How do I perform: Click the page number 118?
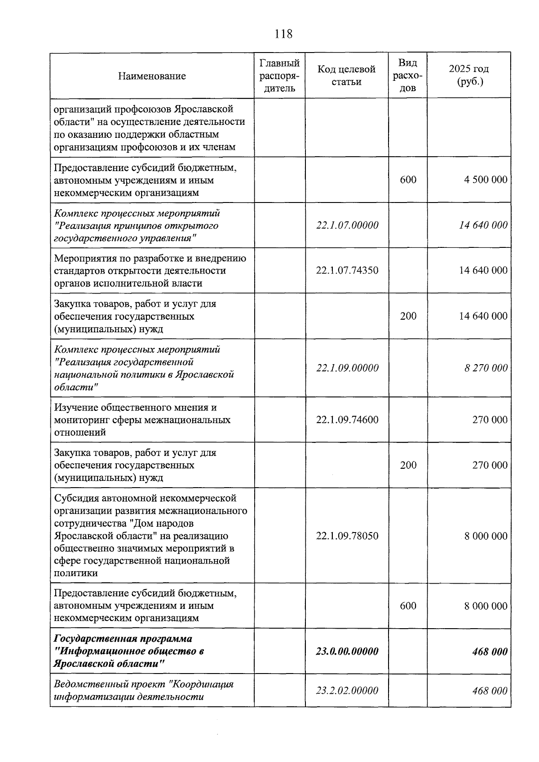pos(283,34)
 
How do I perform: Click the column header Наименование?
pos(152,76)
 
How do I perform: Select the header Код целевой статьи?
pos(346,75)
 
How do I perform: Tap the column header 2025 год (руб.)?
pos(468,75)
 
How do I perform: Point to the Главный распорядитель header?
pos(279,75)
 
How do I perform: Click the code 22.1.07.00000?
pos(347,225)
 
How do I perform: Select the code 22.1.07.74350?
pos(347,270)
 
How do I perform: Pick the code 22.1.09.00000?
pos(347,368)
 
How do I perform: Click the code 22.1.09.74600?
pos(347,420)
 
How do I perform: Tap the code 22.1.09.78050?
pos(347,536)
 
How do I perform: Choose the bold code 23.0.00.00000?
pos(347,651)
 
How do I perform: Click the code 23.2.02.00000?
pos(347,691)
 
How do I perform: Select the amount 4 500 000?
pos(486,180)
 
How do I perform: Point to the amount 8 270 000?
pos(486,368)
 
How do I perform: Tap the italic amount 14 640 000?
pos(483,225)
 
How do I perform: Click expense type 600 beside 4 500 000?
pos(408,180)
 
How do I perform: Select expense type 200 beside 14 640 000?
pos(408,316)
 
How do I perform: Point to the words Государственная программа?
pos(123,639)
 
